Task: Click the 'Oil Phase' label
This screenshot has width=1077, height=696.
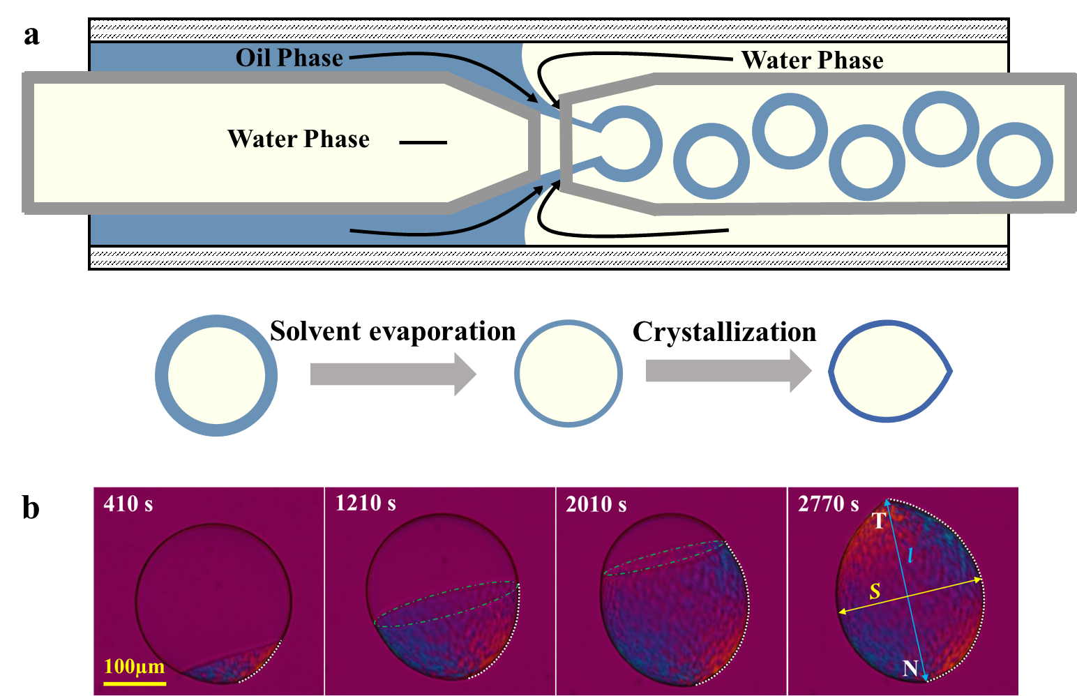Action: (289, 58)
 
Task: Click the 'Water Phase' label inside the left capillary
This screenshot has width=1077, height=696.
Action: (299, 139)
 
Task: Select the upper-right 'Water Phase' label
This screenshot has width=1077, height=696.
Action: (812, 61)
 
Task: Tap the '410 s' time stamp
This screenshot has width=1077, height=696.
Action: (128, 504)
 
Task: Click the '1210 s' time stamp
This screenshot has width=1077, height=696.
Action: (366, 503)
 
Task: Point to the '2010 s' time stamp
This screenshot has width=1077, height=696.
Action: (596, 504)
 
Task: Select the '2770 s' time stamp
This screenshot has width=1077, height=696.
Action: (829, 504)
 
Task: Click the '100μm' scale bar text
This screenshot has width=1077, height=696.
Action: (135, 666)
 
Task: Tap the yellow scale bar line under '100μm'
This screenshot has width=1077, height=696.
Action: (135, 683)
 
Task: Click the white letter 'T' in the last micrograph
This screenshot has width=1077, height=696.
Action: (879, 521)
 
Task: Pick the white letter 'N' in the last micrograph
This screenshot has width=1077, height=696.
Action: (910, 668)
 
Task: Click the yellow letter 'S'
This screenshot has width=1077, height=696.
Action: (875, 592)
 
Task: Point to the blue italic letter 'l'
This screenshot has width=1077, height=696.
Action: (910, 556)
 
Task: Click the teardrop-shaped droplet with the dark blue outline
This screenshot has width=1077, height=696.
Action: (889, 371)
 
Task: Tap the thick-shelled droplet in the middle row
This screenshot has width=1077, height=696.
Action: (216, 375)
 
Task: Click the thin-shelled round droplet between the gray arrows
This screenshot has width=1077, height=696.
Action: (568, 373)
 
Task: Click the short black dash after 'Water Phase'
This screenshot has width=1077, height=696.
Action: (423, 142)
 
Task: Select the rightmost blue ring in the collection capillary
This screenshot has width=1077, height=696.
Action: (1014, 160)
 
